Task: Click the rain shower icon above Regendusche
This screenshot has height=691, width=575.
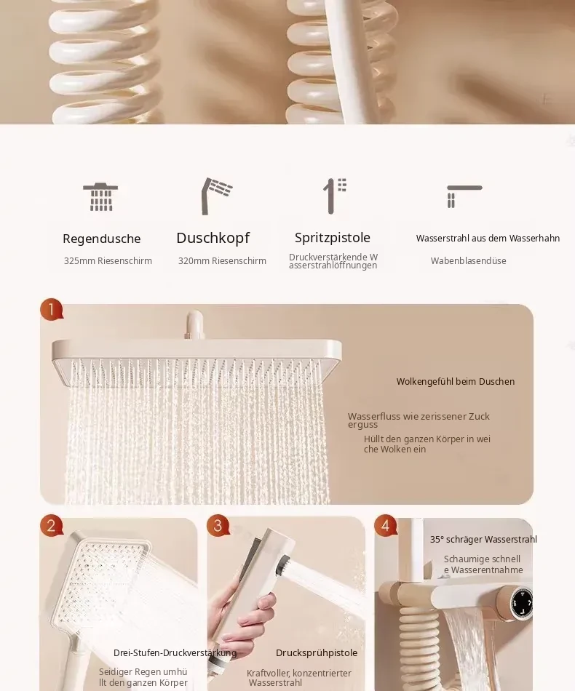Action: coord(100,197)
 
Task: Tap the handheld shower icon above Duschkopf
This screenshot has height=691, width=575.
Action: coord(216,196)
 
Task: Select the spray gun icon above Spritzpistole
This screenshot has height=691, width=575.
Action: coord(335,196)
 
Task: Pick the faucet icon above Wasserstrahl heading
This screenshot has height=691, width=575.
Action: coord(464,196)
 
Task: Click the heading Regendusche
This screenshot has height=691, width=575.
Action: coord(101,239)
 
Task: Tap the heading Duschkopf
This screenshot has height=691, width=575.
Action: coord(213,238)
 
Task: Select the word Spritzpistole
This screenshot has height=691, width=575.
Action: coord(333,238)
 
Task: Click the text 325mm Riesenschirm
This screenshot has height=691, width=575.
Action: coord(108,261)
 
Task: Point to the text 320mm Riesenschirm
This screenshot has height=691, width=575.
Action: coord(222,261)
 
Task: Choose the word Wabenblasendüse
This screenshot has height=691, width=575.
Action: coord(468,261)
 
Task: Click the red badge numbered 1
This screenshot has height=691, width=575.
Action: coord(52,309)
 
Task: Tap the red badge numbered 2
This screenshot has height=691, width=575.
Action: coord(52,525)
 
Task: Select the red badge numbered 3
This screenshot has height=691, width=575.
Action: coord(218,525)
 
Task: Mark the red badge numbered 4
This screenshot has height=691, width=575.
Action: coord(385,525)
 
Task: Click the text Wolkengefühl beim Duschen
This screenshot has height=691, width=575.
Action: coord(456,382)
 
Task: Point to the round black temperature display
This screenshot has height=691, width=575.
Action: coord(522,602)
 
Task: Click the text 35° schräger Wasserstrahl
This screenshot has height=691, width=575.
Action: coord(483,540)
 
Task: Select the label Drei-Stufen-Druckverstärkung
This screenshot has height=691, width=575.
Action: coord(175,652)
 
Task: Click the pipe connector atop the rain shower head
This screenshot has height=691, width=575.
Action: coord(194,325)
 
